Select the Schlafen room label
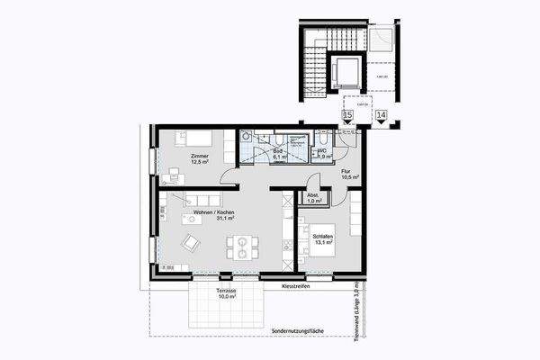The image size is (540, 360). pyautogui.click(x=323, y=236)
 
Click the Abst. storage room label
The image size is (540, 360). pyautogui.click(x=313, y=195)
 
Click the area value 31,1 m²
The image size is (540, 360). pyautogui.click(x=212, y=218)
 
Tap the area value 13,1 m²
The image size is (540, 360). pyautogui.click(x=323, y=243)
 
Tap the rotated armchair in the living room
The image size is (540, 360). pyautogui.click(x=191, y=242)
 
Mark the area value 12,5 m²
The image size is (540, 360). pyautogui.click(x=200, y=163)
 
